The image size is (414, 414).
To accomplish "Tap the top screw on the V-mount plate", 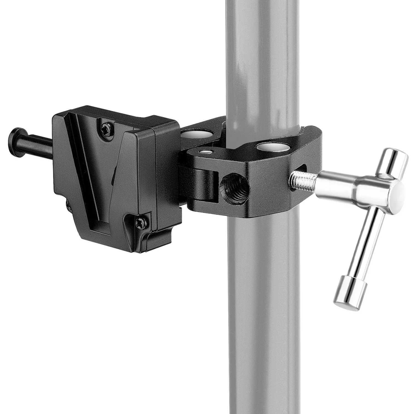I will pos(106,127).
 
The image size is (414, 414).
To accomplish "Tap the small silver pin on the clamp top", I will pos(206,152).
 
